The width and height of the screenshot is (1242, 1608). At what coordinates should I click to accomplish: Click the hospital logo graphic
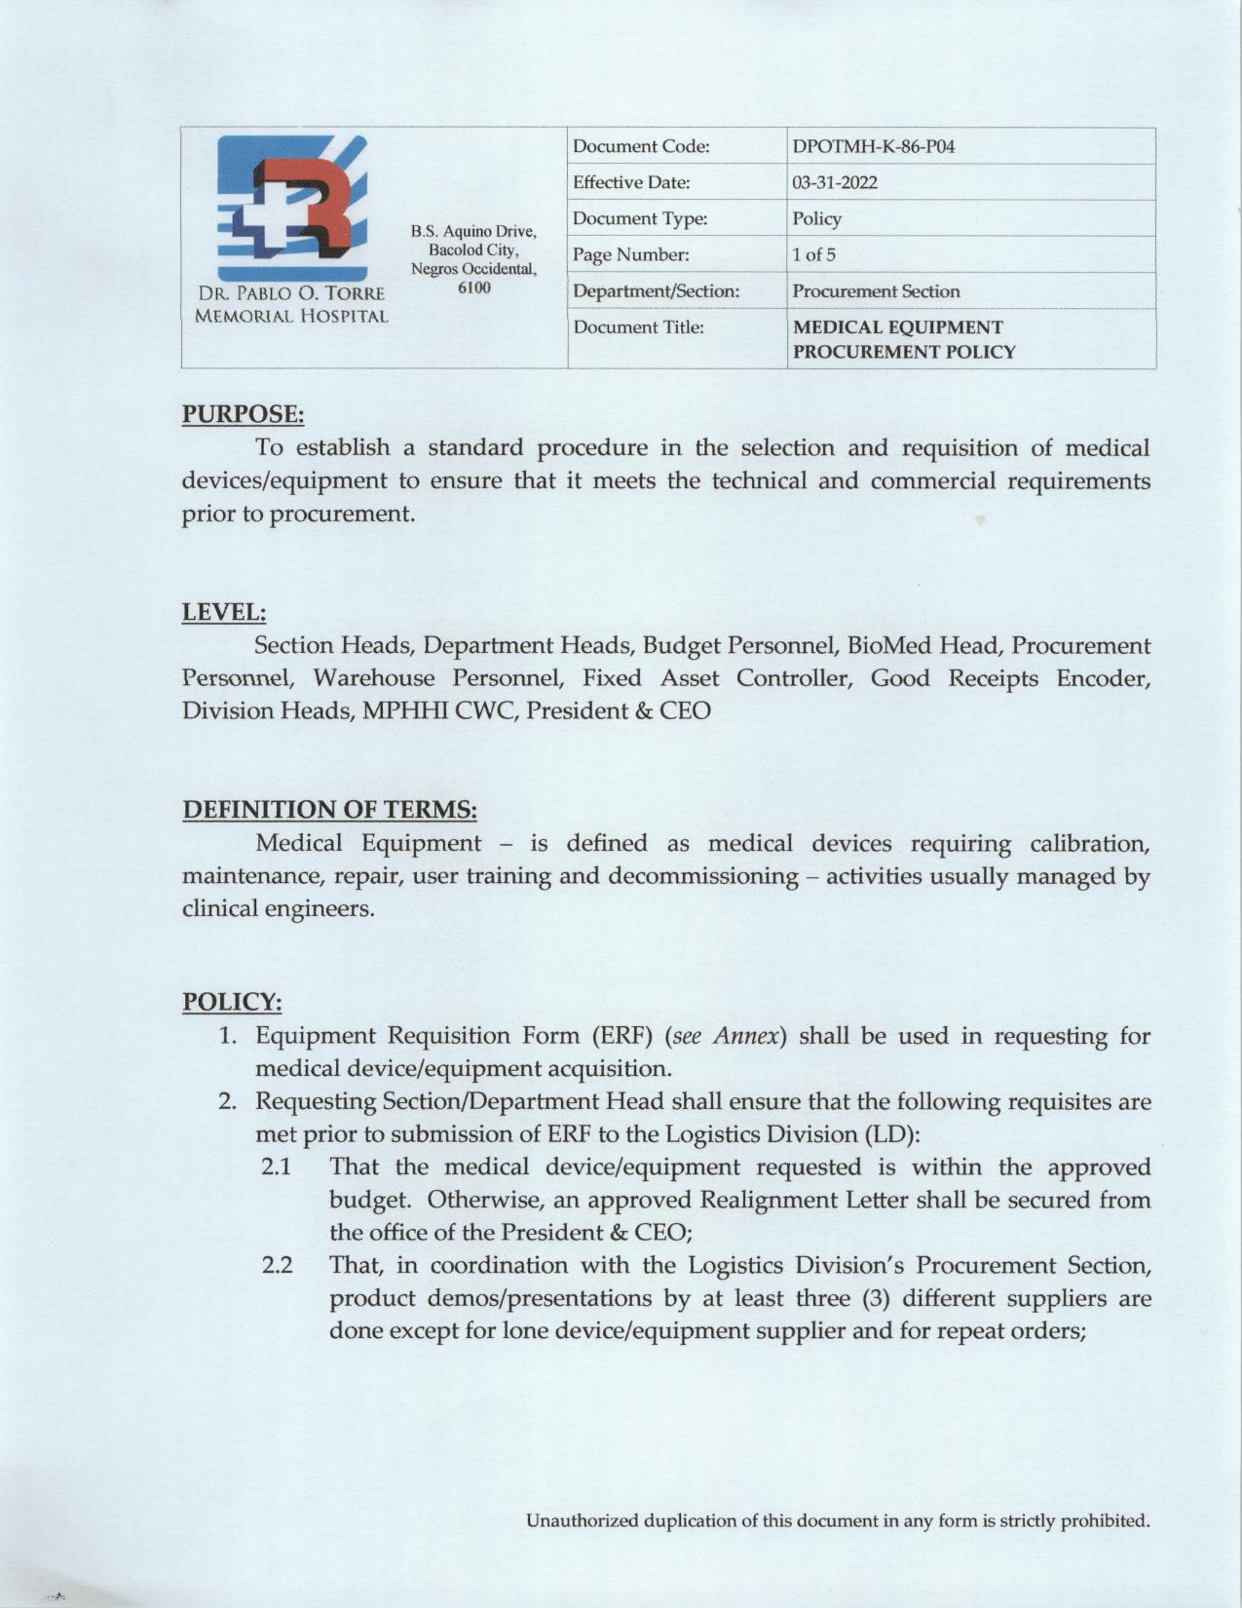point(292,209)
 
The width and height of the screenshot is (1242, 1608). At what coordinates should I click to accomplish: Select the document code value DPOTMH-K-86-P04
point(873,147)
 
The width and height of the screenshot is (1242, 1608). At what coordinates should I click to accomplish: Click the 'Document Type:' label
point(639,219)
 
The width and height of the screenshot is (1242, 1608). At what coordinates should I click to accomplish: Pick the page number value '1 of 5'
point(813,255)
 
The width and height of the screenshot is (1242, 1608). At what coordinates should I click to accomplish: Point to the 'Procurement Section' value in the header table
point(876,291)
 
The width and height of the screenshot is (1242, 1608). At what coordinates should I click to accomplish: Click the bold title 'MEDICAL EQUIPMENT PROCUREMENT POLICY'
point(903,339)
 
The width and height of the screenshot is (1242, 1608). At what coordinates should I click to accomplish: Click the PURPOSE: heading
point(244,414)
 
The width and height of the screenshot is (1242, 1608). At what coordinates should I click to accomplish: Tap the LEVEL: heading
point(224,612)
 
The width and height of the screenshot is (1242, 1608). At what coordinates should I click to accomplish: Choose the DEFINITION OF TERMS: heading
point(329,809)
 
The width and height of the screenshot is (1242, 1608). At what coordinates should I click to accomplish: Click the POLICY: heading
point(232,1002)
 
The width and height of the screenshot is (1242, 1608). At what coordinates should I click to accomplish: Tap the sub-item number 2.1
point(278,1167)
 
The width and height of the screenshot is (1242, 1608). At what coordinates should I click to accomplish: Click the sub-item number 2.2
point(278,1266)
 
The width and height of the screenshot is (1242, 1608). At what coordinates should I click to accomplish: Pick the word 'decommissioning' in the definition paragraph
point(702,876)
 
